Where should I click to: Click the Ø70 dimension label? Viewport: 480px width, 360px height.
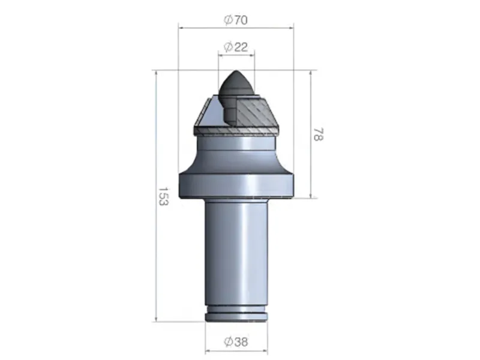[236, 19]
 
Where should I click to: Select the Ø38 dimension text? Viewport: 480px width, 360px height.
[236, 342]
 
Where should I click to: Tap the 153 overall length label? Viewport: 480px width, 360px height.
[162, 196]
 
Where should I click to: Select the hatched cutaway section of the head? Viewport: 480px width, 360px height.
[255, 111]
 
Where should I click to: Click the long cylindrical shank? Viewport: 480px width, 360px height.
[236, 252]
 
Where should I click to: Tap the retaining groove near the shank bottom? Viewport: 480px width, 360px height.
[236, 311]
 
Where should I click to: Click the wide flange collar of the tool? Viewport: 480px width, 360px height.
[236, 184]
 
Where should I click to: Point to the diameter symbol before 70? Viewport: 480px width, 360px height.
[228, 19]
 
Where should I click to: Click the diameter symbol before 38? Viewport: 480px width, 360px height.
[228, 342]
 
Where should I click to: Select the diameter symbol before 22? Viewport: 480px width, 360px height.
[228, 47]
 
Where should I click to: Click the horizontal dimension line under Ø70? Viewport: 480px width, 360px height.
[236, 27]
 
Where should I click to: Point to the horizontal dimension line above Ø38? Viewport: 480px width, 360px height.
[236, 350]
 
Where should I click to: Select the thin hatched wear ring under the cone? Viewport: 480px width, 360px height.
[236, 129]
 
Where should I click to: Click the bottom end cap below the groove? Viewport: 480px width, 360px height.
[236, 318]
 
